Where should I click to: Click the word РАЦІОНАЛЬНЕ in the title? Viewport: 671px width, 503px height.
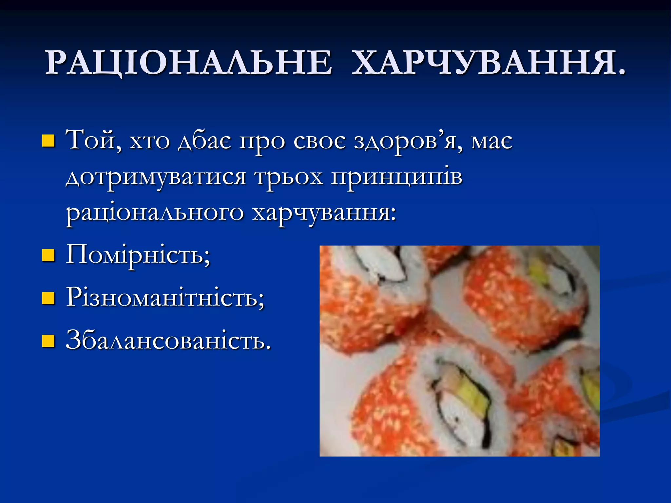coord(188,63)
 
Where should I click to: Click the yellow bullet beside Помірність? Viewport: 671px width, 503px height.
coord(48,255)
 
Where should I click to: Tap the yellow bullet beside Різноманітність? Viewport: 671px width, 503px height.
coord(48,298)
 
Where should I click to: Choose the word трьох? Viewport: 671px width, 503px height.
coord(289,177)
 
